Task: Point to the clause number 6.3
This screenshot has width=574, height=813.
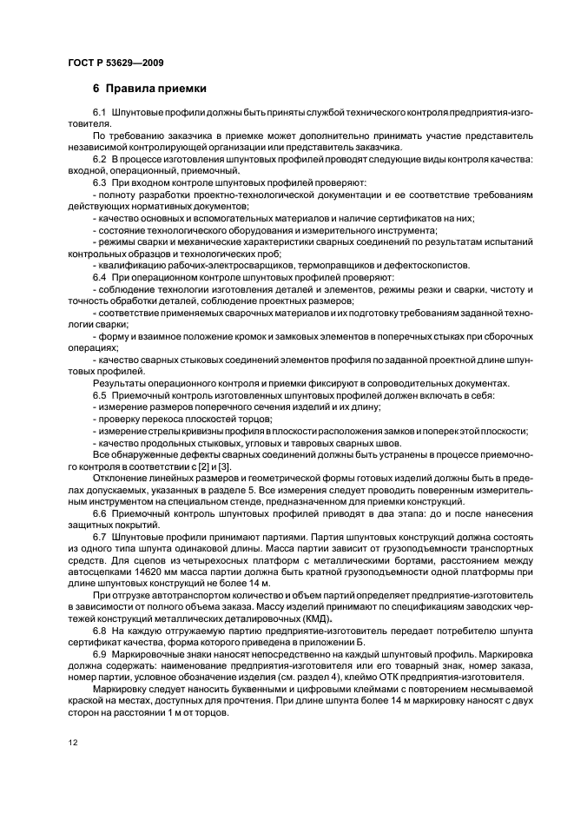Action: coord(99,182)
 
